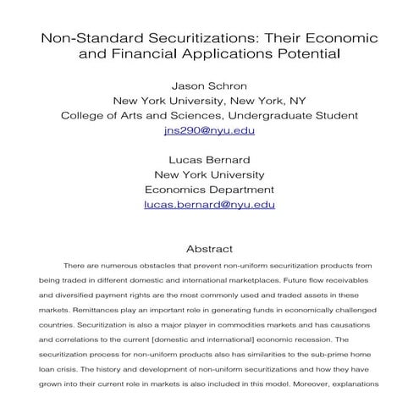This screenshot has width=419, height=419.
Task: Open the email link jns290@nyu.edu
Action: pos(209,131)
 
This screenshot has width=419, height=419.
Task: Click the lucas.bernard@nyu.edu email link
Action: pos(209,204)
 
